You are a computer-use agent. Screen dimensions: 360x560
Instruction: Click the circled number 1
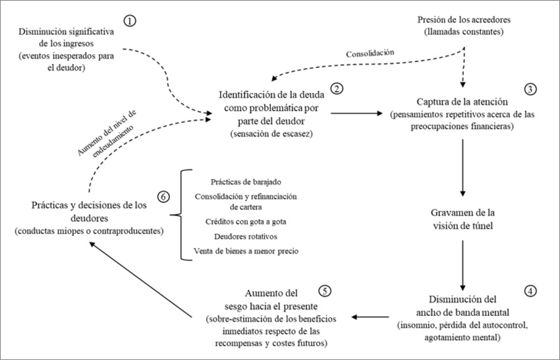pyautogui.click(x=130, y=20)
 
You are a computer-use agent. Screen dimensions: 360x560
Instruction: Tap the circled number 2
pyautogui.click(x=338, y=88)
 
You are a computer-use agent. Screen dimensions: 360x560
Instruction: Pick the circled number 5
pyautogui.click(x=323, y=291)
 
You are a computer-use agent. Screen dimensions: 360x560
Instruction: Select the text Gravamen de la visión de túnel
pyautogui.click(x=465, y=218)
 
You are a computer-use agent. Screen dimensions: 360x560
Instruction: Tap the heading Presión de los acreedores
pyautogui.click(x=465, y=18)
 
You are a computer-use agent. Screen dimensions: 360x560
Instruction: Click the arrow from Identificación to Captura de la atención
pyautogui.click(x=358, y=113)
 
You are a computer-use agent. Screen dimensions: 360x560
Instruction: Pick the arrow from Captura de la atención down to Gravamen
pyautogui.click(x=465, y=168)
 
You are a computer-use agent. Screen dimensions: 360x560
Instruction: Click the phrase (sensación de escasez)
pyautogui.click(x=271, y=135)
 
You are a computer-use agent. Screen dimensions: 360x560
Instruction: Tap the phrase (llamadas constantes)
pyautogui.click(x=465, y=32)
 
